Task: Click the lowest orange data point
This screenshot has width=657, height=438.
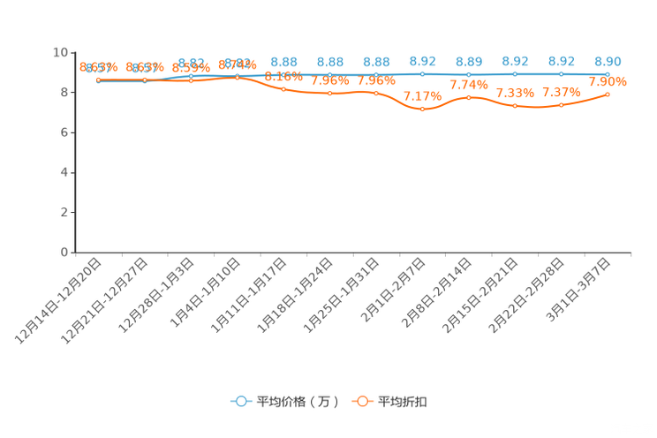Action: click(x=423, y=109)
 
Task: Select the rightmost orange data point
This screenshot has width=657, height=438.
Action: click(x=608, y=93)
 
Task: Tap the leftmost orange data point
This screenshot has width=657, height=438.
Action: click(x=99, y=79)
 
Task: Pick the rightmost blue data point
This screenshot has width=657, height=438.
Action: click(x=608, y=74)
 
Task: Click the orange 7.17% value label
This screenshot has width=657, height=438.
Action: click(x=422, y=95)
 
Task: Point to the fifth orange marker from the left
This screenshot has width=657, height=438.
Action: click(x=283, y=88)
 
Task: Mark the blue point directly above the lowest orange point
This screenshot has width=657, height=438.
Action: click(x=423, y=74)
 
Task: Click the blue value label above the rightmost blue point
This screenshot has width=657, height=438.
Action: click(x=608, y=61)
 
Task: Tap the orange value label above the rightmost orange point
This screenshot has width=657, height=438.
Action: click(x=608, y=81)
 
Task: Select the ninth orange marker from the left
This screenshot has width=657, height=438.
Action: click(x=469, y=96)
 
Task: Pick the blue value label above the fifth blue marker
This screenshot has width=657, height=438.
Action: click(x=283, y=61)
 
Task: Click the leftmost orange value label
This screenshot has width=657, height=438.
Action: click(x=99, y=66)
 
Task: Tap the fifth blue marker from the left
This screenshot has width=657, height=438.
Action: click(x=283, y=74)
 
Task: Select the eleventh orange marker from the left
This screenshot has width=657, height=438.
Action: click(x=562, y=104)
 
